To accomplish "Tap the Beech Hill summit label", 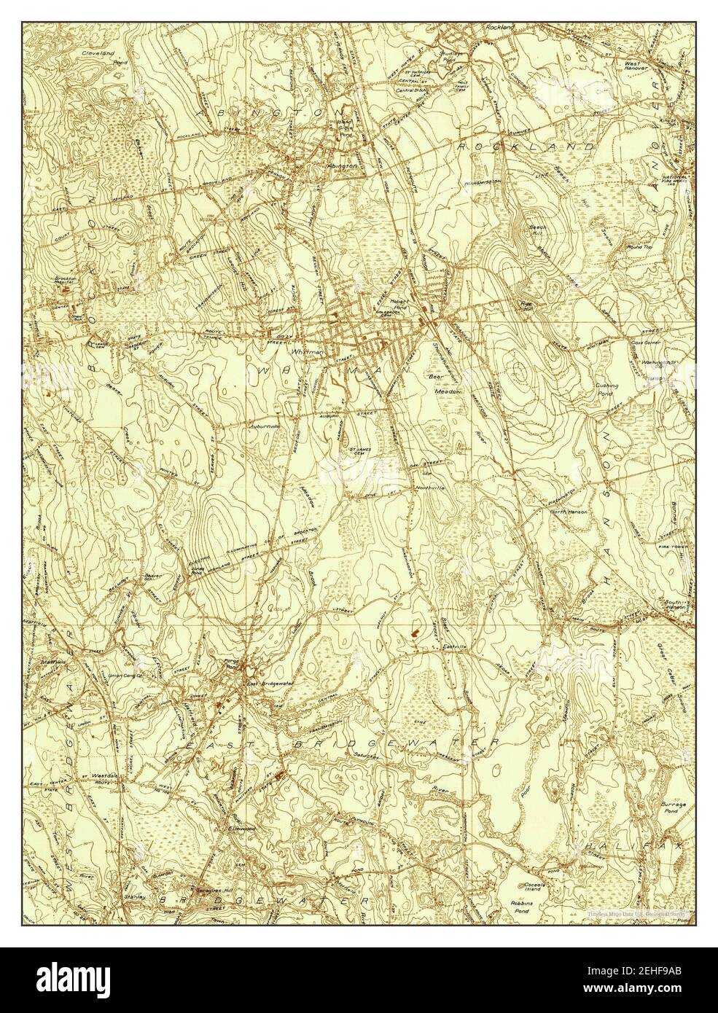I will (x=538, y=231).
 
